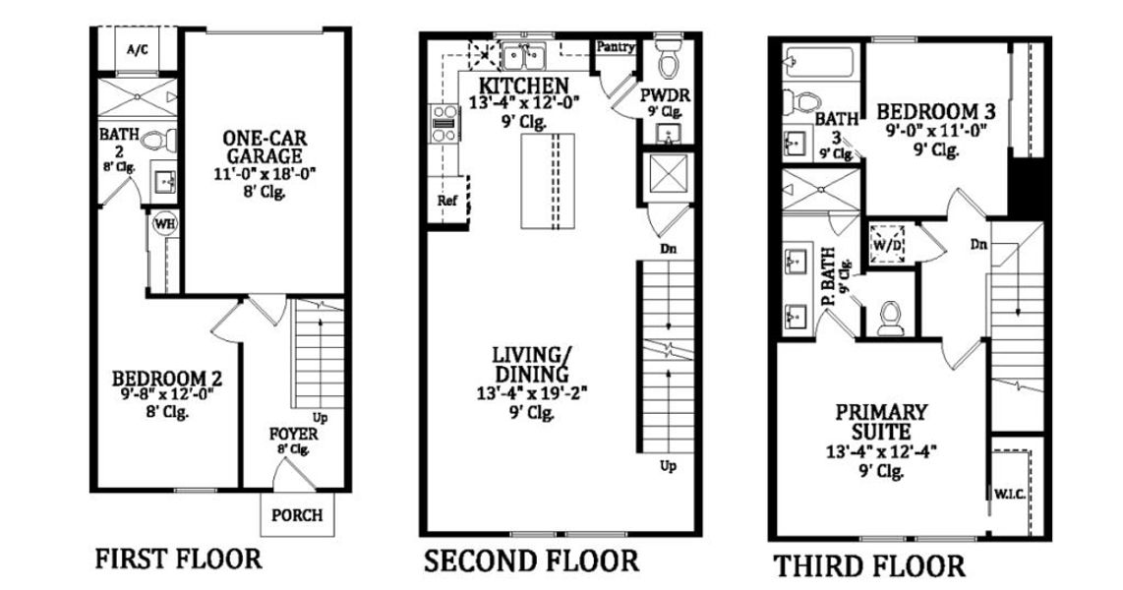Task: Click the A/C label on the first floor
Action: tap(136, 51)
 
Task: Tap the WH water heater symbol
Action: tap(163, 223)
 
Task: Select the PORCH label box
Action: tap(296, 514)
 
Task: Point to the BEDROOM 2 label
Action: tap(166, 379)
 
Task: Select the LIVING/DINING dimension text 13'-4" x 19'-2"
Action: tap(533, 395)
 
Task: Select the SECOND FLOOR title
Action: tap(531, 561)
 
